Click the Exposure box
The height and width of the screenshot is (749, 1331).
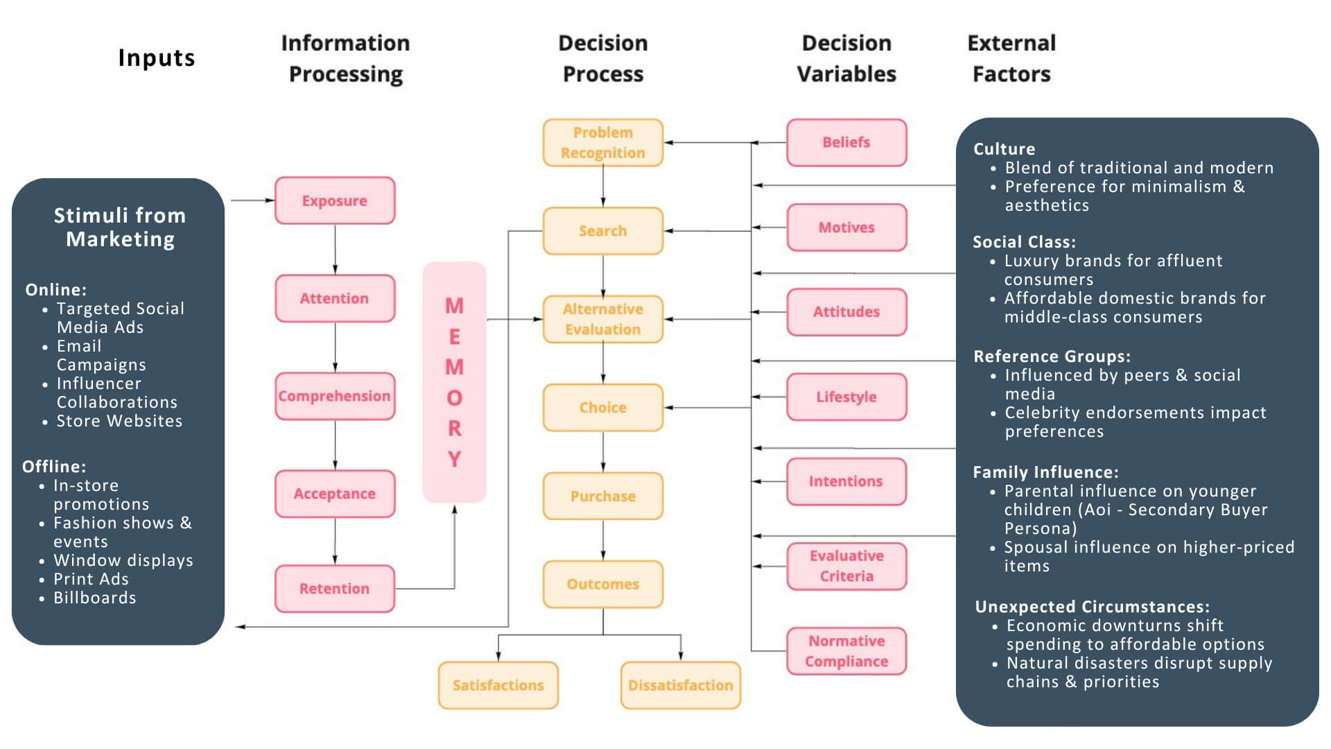[x=335, y=200]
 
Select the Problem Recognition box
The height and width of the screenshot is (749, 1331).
[x=602, y=143]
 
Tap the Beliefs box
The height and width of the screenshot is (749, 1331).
[x=846, y=142]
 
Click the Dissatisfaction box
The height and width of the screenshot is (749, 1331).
[x=680, y=685]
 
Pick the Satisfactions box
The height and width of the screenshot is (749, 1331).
[x=498, y=685]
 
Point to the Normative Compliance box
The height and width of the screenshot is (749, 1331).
[x=846, y=651]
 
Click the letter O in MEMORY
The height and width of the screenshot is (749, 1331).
[x=454, y=398]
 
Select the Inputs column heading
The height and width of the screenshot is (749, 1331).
[x=157, y=58]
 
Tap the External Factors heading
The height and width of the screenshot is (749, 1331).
[x=1011, y=58]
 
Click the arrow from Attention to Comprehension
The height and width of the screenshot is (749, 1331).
[x=335, y=347]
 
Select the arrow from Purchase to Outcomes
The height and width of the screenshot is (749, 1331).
[x=603, y=540]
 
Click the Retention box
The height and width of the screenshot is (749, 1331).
[x=335, y=589]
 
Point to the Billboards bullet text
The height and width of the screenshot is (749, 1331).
[x=95, y=598]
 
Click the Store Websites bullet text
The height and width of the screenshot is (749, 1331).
[x=119, y=421]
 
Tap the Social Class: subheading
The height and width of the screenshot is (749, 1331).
[x=1024, y=242]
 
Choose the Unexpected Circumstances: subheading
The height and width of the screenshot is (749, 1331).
[x=1092, y=607]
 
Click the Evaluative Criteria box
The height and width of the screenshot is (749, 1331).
[x=846, y=566]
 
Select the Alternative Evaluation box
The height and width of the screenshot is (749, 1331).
[x=602, y=319]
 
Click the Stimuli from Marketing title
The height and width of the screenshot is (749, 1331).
[x=120, y=227]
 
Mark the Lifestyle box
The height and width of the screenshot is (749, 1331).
[x=846, y=397]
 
